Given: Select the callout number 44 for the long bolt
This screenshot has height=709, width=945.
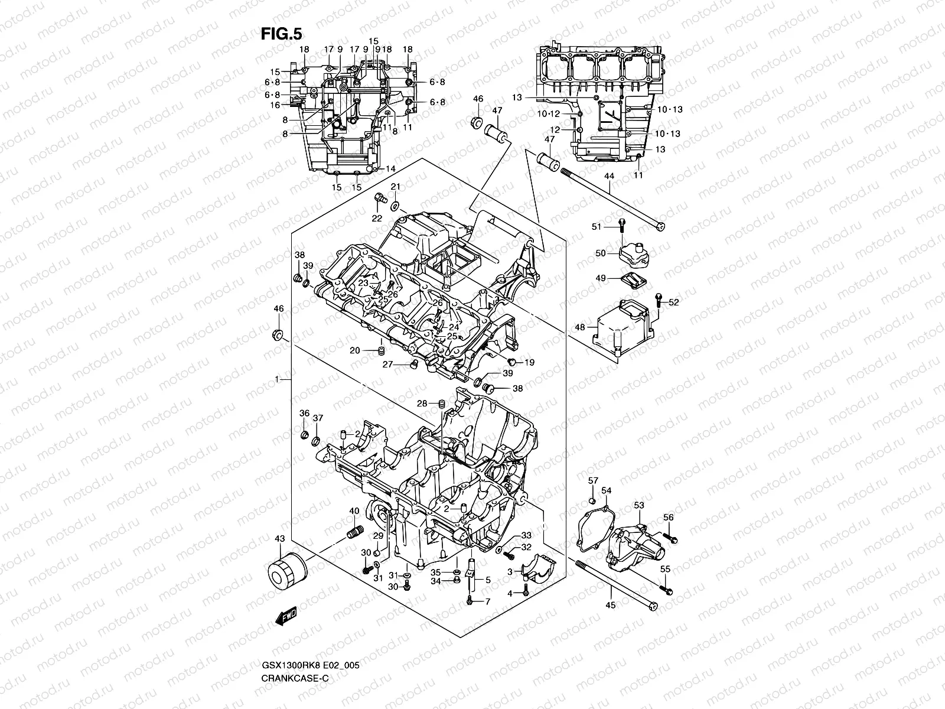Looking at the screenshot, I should [x=609, y=176].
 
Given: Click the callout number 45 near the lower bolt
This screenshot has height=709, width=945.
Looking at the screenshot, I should [x=611, y=604].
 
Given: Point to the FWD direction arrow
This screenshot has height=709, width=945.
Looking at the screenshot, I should [x=286, y=616].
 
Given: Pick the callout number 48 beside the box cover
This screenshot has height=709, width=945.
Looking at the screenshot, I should [x=579, y=327].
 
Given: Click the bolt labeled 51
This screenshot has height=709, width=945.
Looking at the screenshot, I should [x=622, y=223].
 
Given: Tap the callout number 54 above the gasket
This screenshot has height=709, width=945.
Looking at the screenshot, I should [x=606, y=490].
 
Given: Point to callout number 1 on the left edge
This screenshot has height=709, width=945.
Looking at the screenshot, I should [x=277, y=379].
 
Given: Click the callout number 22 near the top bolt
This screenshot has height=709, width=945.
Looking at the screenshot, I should [x=377, y=219].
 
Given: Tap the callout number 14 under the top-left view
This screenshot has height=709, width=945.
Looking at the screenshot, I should [x=390, y=169].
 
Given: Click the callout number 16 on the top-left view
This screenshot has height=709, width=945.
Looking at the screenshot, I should [x=275, y=105].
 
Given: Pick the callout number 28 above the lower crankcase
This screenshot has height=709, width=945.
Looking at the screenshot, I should [x=422, y=404].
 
